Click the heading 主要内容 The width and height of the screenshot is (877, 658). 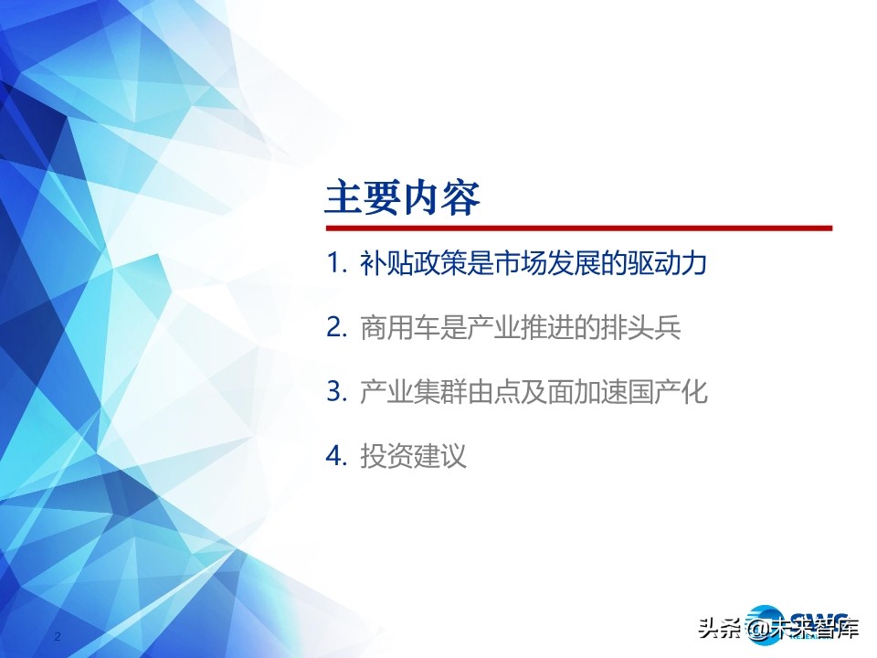(403, 197)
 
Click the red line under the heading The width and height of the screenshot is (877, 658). (579, 228)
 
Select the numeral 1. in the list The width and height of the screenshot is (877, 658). (337, 263)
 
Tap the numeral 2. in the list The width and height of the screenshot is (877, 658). (337, 327)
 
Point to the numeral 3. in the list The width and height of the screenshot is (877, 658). (337, 392)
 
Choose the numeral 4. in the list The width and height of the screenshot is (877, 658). (337, 457)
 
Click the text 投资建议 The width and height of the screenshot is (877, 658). (413, 457)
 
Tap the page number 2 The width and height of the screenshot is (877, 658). (58, 636)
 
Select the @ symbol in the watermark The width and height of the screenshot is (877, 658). (755, 629)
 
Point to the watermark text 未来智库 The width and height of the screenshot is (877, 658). (814, 629)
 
